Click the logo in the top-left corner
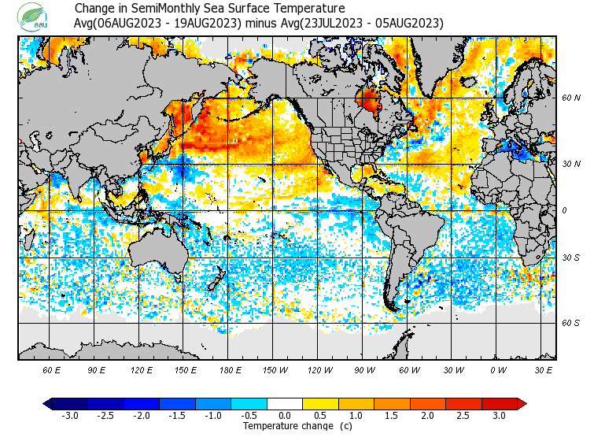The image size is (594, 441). coord(35,16)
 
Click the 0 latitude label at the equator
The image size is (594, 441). coord(564,210)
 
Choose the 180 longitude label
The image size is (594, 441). coord(231,369)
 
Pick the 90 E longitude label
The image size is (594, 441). coord(97,369)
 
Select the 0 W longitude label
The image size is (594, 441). coord(498,369)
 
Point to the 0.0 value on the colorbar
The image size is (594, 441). coord(285,416)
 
